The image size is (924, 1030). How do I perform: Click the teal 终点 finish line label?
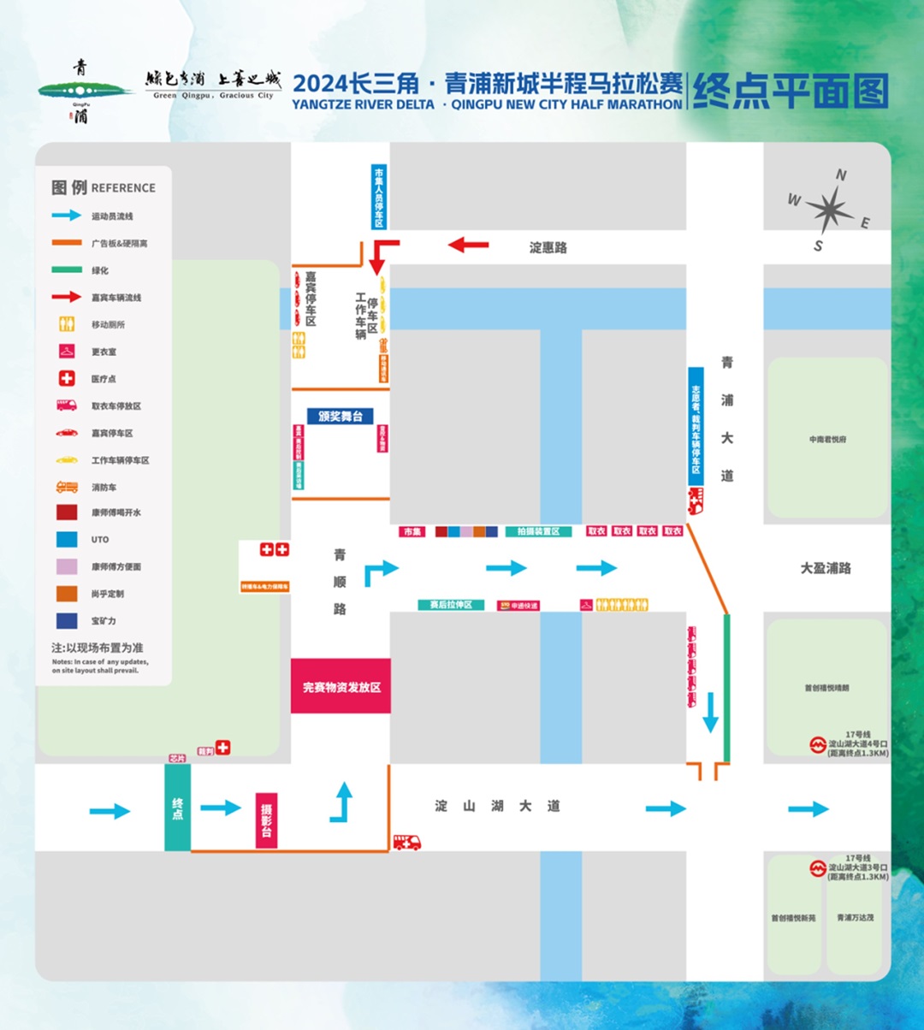(177, 808)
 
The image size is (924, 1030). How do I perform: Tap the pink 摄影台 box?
(267, 820)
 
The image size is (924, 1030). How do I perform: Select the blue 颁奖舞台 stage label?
(341, 417)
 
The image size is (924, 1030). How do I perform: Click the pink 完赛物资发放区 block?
(341, 686)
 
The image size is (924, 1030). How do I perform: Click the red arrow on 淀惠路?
(468, 246)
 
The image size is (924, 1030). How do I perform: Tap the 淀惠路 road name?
(548, 248)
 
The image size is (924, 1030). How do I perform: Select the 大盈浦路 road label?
(826, 568)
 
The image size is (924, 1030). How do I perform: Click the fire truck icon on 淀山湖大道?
(407, 843)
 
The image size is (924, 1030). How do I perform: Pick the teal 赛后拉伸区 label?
(451, 605)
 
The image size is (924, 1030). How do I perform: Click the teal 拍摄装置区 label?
(538, 531)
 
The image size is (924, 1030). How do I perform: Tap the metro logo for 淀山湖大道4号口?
(818, 744)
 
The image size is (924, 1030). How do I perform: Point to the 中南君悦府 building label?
(827, 440)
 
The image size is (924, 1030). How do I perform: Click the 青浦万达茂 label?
(856, 918)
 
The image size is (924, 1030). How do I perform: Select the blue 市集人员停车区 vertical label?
(379, 197)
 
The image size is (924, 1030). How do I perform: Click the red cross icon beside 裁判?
(223, 748)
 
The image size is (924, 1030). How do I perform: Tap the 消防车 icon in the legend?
(67, 487)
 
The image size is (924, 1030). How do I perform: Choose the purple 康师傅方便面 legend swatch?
(67, 566)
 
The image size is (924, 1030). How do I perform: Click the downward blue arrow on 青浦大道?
(710, 713)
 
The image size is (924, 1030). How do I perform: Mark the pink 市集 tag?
(412, 532)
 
